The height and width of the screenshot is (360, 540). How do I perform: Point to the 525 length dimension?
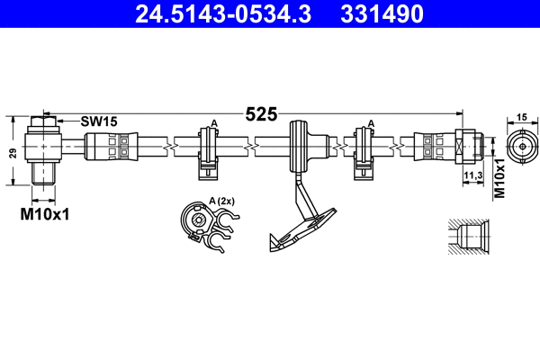point(261,114)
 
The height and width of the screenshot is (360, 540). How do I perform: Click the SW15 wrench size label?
point(99,121)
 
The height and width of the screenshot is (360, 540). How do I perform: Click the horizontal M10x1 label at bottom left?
point(45,215)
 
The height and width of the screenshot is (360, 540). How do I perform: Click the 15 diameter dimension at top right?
point(521,118)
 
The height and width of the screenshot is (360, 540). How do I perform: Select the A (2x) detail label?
point(221,201)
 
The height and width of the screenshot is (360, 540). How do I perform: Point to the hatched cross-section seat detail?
point(470,238)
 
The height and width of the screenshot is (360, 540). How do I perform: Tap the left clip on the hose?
point(209,148)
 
